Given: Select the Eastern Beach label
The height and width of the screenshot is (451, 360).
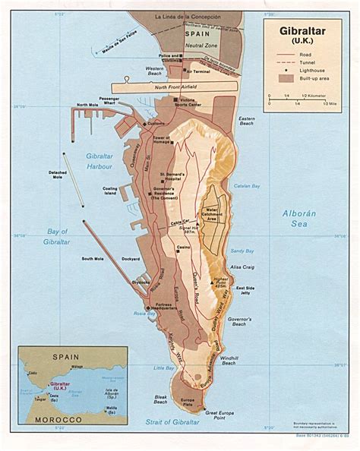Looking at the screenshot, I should point(247,121).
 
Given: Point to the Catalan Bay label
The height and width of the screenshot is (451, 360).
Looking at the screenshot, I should point(247,187).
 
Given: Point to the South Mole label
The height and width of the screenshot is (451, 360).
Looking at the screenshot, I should point(93,259).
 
